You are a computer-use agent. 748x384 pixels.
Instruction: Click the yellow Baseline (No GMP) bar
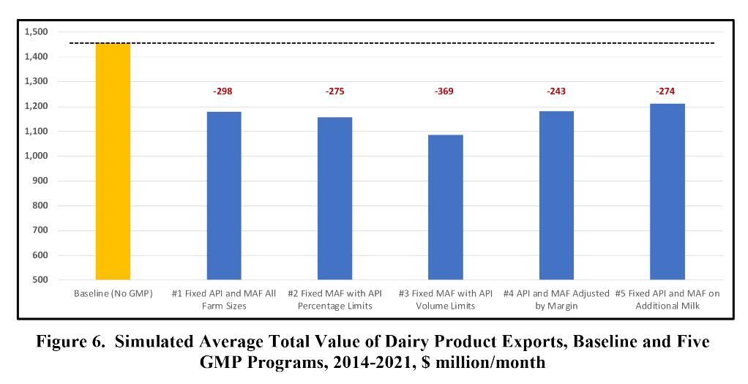click(113, 162)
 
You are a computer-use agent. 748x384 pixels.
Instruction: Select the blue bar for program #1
click(224, 196)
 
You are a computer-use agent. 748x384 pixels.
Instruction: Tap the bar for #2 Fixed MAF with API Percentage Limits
click(334, 198)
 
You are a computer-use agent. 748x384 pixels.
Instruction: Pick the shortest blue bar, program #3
click(445, 207)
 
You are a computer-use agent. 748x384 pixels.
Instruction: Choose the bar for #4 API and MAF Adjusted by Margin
click(556, 195)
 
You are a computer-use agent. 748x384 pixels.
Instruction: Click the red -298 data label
click(223, 91)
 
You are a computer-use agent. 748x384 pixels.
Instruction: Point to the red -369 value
click(444, 91)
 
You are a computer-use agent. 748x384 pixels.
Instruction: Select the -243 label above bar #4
click(556, 91)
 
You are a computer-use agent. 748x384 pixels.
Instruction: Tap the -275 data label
click(334, 91)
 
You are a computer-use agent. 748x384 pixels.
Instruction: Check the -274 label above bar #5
click(665, 91)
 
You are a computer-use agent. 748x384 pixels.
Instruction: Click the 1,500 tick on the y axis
click(36, 32)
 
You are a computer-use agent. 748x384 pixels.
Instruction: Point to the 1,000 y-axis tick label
click(36, 156)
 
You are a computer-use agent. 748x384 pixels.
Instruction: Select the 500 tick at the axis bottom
click(40, 280)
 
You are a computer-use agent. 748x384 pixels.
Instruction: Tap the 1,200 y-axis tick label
click(36, 107)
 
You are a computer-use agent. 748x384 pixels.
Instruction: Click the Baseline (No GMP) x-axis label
click(113, 293)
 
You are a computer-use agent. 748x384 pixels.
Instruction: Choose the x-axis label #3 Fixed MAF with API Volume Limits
click(445, 299)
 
